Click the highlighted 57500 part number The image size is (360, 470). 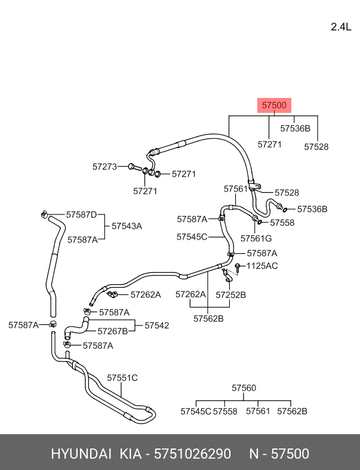(x=275, y=105)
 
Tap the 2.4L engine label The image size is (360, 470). (x=342, y=26)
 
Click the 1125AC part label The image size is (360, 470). (x=262, y=266)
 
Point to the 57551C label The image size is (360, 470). (x=122, y=377)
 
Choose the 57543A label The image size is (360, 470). (x=126, y=226)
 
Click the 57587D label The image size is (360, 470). (x=81, y=214)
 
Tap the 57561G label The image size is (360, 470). (x=256, y=238)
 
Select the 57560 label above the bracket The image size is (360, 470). (x=244, y=388)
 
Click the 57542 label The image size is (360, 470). (x=157, y=325)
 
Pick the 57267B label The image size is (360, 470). (x=112, y=331)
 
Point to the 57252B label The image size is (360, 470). (x=230, y=294)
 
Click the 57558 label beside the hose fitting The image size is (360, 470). (x=282, y=222)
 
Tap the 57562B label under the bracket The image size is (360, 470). (x=208, y=318)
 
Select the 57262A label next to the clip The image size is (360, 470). (x=146, y=294)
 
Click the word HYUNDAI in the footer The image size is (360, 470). (x=81, y=454)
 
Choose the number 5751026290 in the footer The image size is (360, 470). (x=192, y=454)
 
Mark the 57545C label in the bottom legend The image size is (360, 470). (x=196, y=411)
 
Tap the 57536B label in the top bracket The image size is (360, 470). (x=295, y=128)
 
